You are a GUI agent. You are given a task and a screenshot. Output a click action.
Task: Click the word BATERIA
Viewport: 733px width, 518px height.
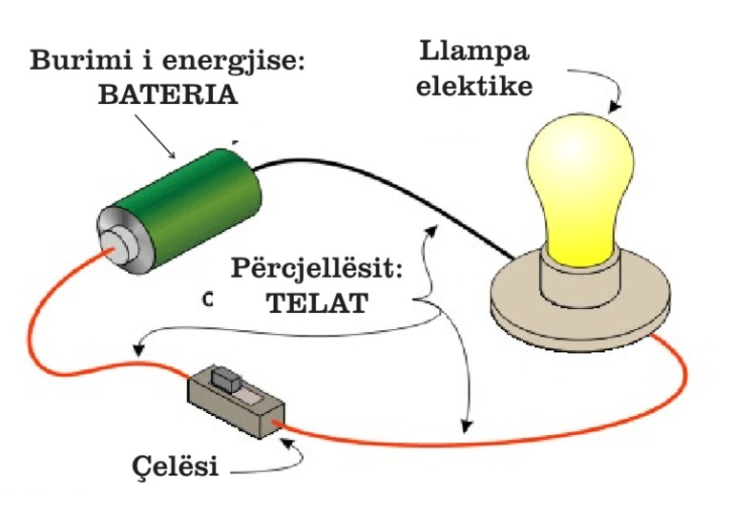point(167,96)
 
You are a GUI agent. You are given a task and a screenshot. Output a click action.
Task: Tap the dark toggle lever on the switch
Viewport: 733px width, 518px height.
point(225,379)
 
